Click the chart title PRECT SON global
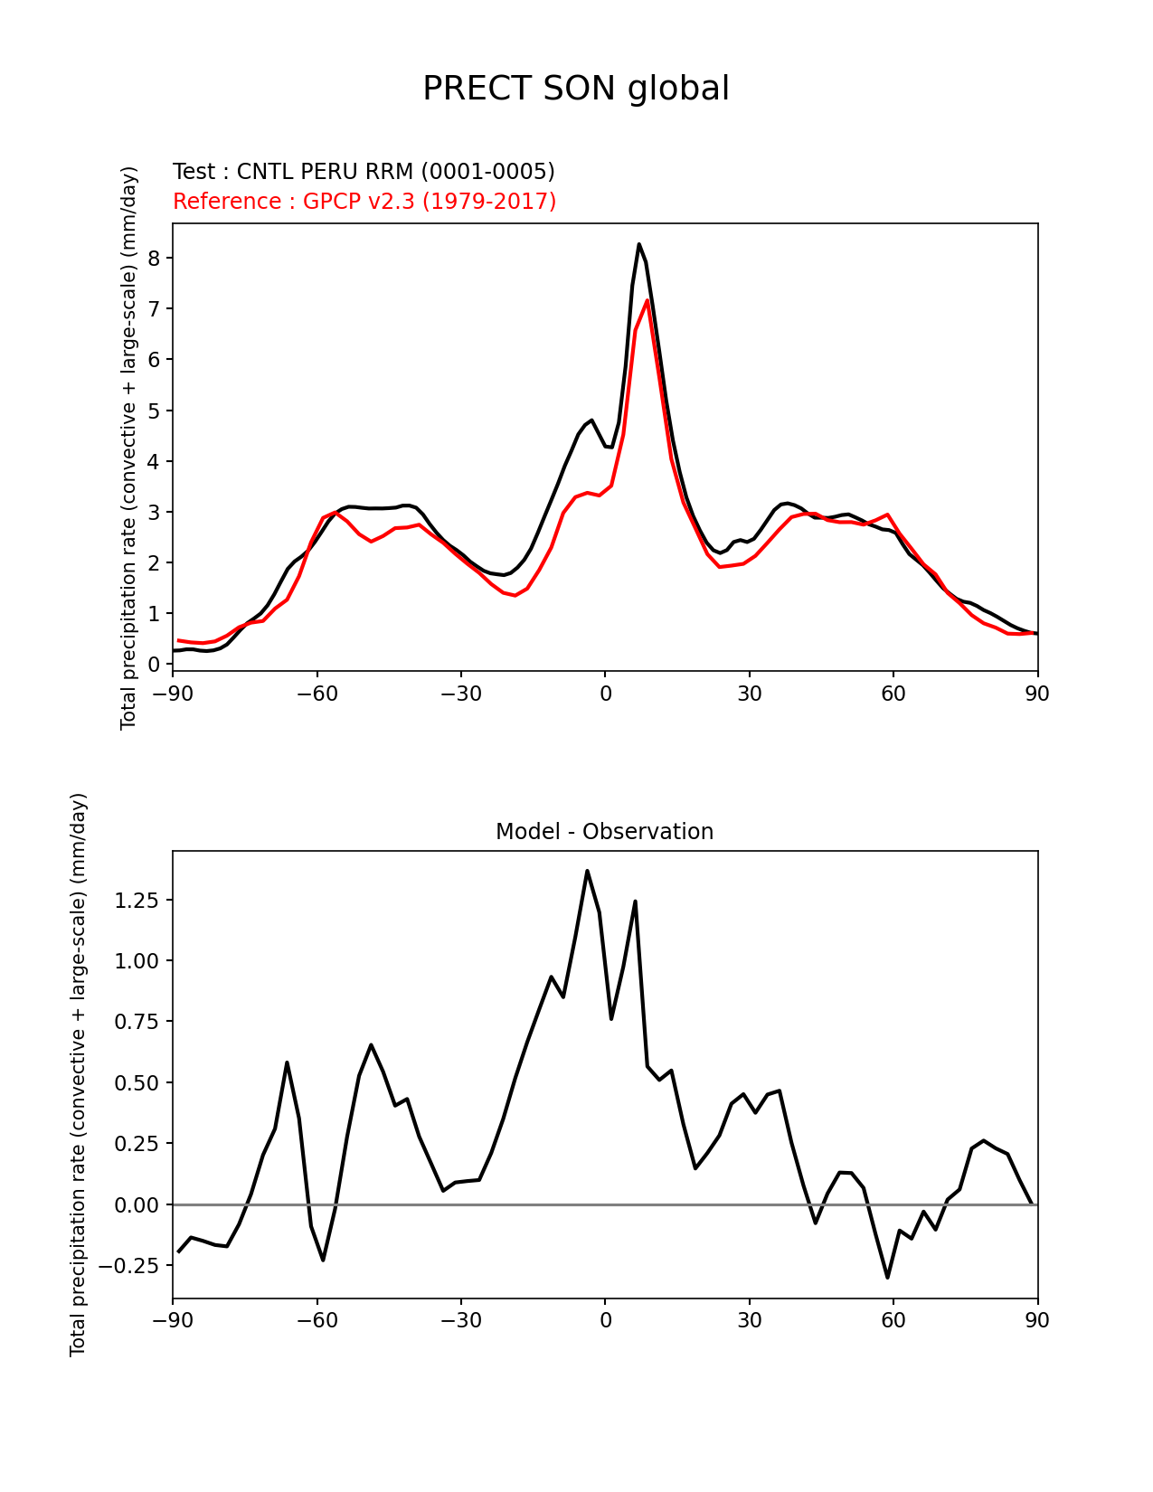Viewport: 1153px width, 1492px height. (x=576, y=89)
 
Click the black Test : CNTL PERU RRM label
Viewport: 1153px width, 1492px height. (x=364, y=172)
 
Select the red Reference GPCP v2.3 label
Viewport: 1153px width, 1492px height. (x=364, y=201)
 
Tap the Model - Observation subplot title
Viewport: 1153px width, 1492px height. (x=604, y=832)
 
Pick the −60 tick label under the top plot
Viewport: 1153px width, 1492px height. (x=317, y=694)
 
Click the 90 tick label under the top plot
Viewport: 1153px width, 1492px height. (x=1037, y=694)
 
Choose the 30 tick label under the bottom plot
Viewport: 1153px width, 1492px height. (x=749, y=1320)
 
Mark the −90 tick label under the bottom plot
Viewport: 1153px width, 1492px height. (x=173, y=1320)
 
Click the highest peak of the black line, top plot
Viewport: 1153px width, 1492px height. (x=638, y=244)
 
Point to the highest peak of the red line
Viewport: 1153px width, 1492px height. (x=647, y=300)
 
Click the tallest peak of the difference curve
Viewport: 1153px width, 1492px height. (x=587, y=871)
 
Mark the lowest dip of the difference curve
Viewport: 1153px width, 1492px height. (x=887, y=1277)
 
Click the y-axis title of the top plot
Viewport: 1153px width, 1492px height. (x=128, y=448)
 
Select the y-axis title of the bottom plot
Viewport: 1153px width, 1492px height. (x=78, y=1074)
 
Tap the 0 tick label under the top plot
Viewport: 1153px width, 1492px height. (x=605, y=694)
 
